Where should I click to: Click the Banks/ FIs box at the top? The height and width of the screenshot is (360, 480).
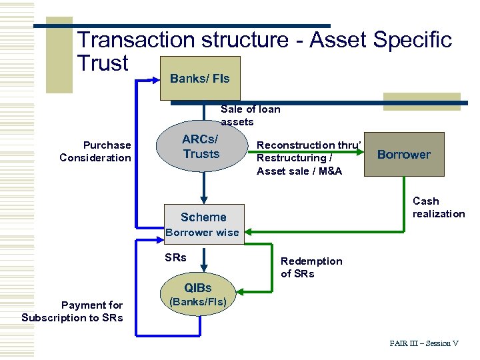(199, 79)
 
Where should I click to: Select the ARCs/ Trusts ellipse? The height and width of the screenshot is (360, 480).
(201, 147)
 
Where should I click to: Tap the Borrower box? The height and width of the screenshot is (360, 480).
(403, 155)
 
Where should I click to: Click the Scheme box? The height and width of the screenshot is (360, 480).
(203, 217)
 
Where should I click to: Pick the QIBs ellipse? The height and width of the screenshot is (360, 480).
(198, 288)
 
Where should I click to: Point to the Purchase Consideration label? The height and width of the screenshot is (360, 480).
(95, 151)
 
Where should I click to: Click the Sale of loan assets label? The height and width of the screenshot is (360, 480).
(250, 115)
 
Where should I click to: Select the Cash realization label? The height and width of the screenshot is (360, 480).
(438, 207)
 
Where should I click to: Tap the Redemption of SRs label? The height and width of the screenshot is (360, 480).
(311, 267)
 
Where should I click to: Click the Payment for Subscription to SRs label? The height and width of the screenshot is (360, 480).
(72, 311)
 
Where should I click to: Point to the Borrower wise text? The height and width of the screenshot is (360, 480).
(202, 233)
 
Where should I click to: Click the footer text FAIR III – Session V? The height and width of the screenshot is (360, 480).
(424, 343)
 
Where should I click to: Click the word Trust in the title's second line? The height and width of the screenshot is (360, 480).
(103, 63)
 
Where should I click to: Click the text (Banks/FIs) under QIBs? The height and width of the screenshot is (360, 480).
(199, 302)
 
